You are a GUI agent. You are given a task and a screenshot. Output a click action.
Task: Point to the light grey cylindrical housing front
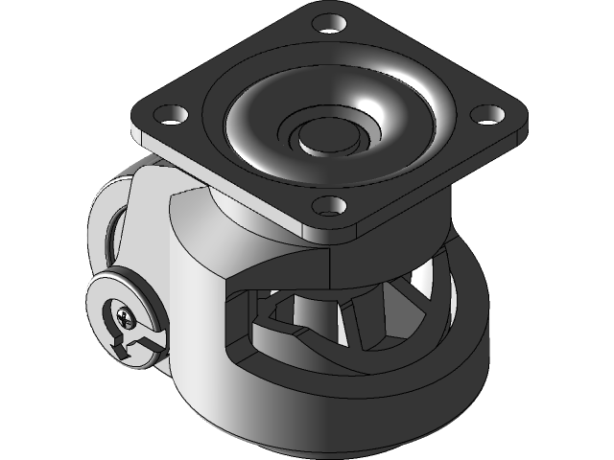point(197,287)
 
